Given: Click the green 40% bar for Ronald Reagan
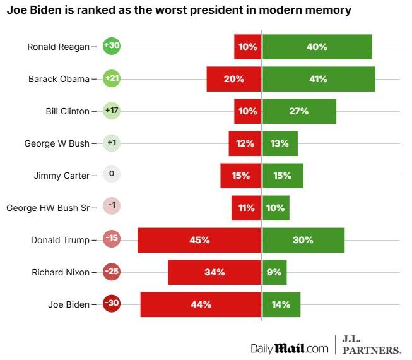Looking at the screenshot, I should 317,47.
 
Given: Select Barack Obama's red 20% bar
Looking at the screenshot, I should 233,79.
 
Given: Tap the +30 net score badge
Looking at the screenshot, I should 112,46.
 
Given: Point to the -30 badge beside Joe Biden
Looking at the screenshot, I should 112,304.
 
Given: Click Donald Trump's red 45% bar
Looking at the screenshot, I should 199,240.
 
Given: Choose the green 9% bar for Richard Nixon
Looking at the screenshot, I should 274,272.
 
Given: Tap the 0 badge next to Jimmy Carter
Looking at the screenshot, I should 112,175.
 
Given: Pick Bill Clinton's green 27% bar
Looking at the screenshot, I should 299,111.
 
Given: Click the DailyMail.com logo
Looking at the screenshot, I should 290,348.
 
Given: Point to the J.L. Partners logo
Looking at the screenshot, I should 371,345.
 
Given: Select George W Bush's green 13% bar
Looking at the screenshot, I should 280,143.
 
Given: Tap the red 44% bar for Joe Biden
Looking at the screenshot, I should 201,304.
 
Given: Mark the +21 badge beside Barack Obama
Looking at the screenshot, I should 112,78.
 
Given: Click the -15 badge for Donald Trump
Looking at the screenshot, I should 112,240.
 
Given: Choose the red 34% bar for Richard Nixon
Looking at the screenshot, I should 215,272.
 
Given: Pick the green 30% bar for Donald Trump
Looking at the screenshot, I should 303,240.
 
